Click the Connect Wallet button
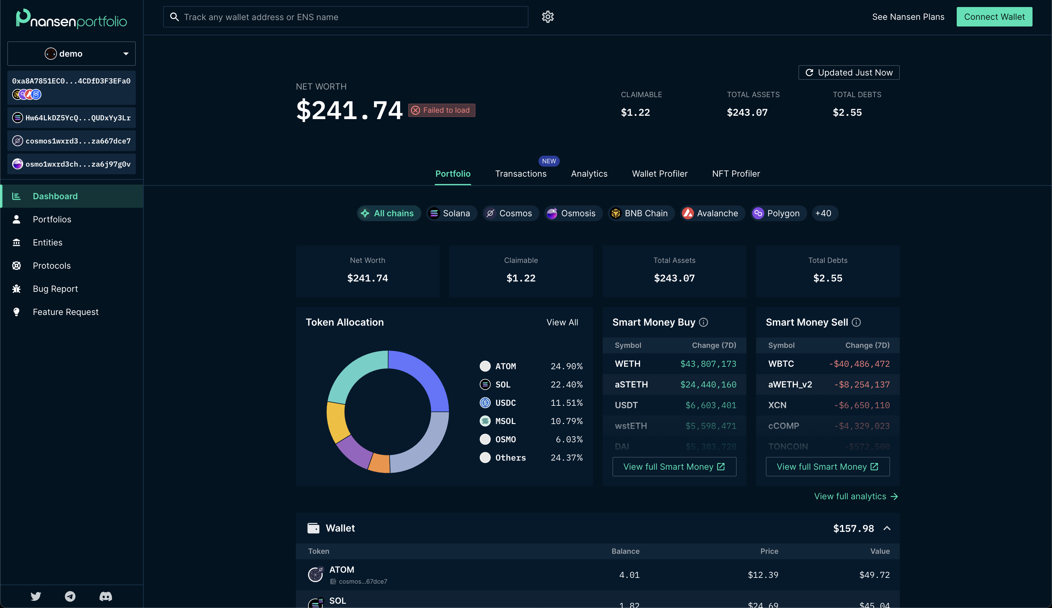(994, 17)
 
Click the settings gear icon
(548, 17)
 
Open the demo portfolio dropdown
(71, 53)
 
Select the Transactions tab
(520, 174)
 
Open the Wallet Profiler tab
(659, 174)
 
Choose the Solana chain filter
(451, 214)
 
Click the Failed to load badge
(441, 110)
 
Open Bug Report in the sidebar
(55, 289)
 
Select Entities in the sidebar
(47, 242)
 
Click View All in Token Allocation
(562, 322)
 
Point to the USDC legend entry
(505, 403)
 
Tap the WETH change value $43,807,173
(708, 364)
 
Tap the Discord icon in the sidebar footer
(106, 596)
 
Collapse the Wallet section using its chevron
(887, 528)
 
